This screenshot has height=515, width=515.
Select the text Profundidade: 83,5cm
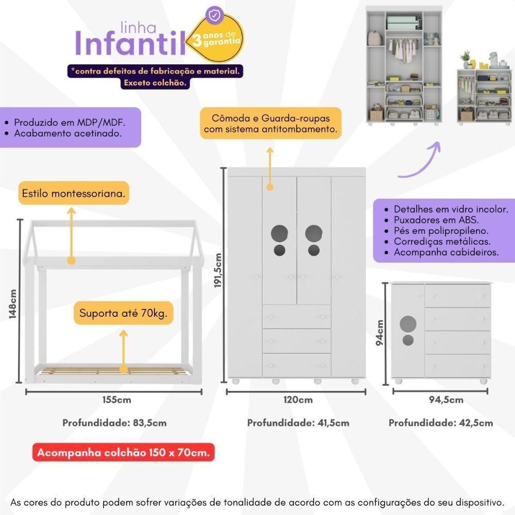coord(114,423)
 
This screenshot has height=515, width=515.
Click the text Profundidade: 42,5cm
coord(441,423)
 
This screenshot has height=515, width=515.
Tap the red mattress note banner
coord(124,453)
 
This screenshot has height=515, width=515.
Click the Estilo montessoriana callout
coord(73,195)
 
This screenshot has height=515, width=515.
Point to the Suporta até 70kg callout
coord(123,313)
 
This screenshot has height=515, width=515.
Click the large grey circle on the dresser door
coord(408,323)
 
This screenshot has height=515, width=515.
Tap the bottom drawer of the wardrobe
coord(297,365)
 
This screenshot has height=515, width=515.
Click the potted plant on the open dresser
coord(466,57)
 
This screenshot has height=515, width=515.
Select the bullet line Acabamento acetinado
coord(67,134)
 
